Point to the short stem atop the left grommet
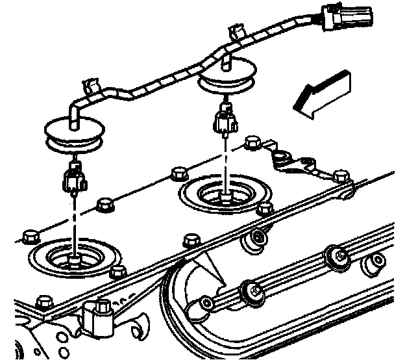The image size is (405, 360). pyautogui.click(x=73, y=115)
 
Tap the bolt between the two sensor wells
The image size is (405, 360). pyautogui.click(x=175, y=175)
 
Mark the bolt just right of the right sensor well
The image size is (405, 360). pyautogui.click(x=265, y=209)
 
